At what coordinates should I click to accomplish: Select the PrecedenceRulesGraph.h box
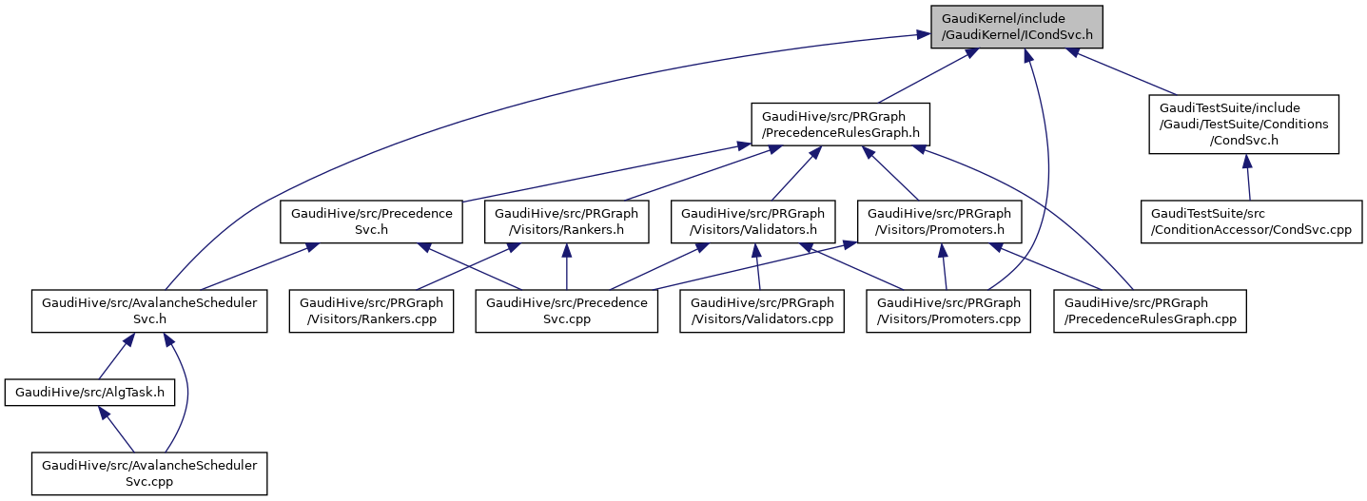[840, 124]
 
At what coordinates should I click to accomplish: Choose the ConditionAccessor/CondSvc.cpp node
[1251, 222]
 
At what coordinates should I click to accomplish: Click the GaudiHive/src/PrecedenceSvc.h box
[371, 222]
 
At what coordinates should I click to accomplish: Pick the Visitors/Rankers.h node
[567, 222]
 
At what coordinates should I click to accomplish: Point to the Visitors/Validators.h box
[752, 222]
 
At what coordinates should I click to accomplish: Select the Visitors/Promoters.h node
[939, 222]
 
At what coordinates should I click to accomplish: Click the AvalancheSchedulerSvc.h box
[149, 311]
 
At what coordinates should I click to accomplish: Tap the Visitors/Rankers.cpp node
[372, 311]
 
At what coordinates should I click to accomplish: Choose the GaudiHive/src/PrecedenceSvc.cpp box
[567, 311]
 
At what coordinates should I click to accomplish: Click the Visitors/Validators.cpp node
[761, 311]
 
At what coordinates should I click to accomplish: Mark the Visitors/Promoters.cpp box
[947, 311]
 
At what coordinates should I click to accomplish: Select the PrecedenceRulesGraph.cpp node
[1149, 311]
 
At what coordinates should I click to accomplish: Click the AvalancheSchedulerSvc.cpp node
[149, 472]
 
